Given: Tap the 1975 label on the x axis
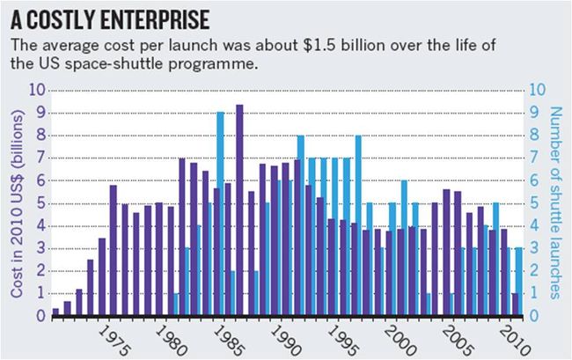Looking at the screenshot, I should (111, 338).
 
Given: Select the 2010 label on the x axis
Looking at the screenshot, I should (512, 338).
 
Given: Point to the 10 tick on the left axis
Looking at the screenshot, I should (37, 90).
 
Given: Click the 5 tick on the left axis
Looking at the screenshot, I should (40, 202).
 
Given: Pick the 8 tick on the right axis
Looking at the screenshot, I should (531, 136).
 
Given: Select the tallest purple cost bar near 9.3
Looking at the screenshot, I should (239, 211).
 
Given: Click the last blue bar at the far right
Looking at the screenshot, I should (519, 282).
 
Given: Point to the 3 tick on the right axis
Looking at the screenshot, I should (531, 248).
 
